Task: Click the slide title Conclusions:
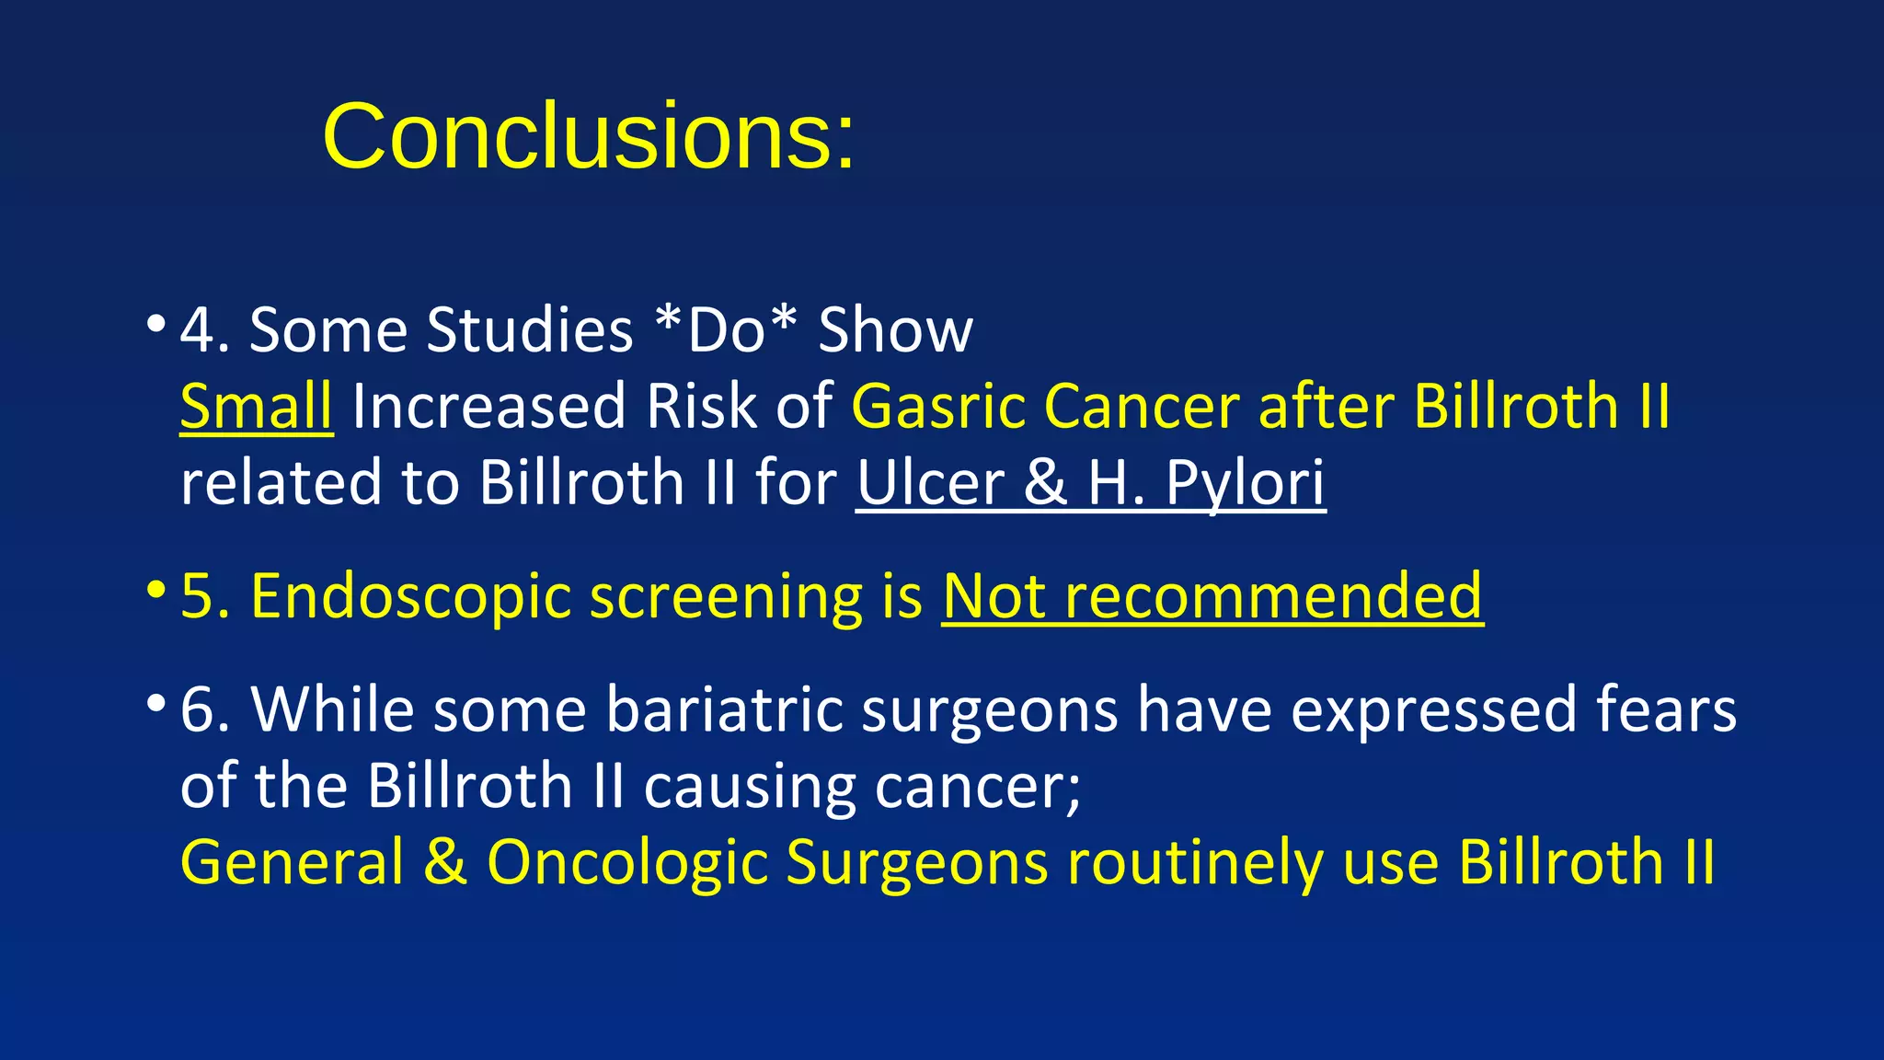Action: point(589,137)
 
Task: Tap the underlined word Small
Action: point(256,406)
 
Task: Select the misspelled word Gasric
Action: point(937,406)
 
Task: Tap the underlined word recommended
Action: point(1273,596)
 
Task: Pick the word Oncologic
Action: point(626,862)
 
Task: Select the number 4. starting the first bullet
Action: point(204,329)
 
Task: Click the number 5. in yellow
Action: point(204,596)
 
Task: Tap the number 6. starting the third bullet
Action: point(204,709)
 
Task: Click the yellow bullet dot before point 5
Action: point(156,589)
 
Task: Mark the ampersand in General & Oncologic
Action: point(445,862)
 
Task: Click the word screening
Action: point(726,596)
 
